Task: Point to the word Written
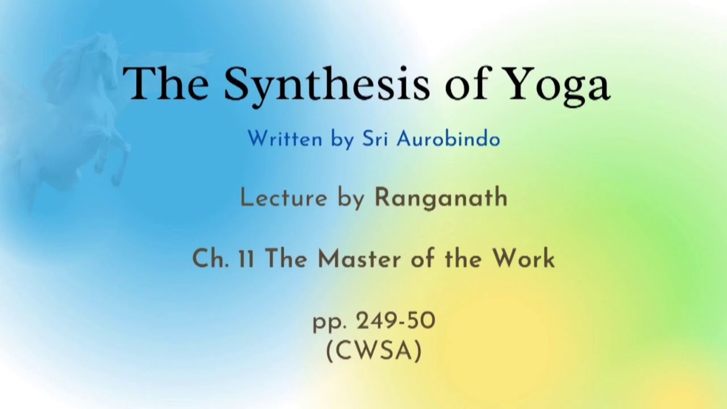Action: (285, 139)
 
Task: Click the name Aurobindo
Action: (448, 139)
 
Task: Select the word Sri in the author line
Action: (375, 139)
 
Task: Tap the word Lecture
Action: (283, 198)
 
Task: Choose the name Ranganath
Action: (441, 198)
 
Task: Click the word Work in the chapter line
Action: (523, 259)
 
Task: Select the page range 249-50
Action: (395, 322)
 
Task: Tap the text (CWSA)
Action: (374, 351)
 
